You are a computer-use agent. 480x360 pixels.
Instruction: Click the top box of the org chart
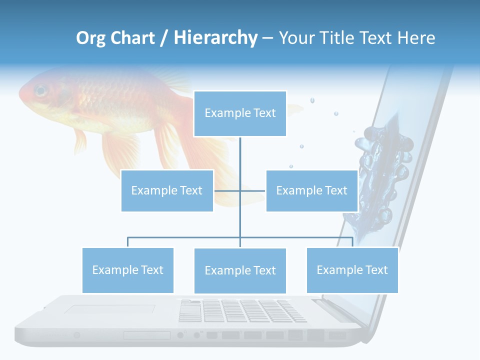click(x=240, y=113)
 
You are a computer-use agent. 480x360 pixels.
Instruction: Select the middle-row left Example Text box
click(x=167, y=190)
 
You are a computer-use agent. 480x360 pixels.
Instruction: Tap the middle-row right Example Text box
click(x=311, y=190)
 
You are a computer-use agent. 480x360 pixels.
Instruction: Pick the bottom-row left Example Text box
click(x=128, y=270)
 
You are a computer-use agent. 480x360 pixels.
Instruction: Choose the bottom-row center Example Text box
click(x=240, y=270)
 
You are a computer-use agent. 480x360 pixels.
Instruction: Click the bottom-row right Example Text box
click(x=352, y=270)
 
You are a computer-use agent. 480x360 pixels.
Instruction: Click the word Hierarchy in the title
click(x=215, y=38)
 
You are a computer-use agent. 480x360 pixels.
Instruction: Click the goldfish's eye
click(x=40, y=91)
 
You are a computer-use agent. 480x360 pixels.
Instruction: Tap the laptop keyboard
click(x=242, y=310)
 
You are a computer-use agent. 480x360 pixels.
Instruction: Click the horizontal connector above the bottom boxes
click(x=185, y=237)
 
